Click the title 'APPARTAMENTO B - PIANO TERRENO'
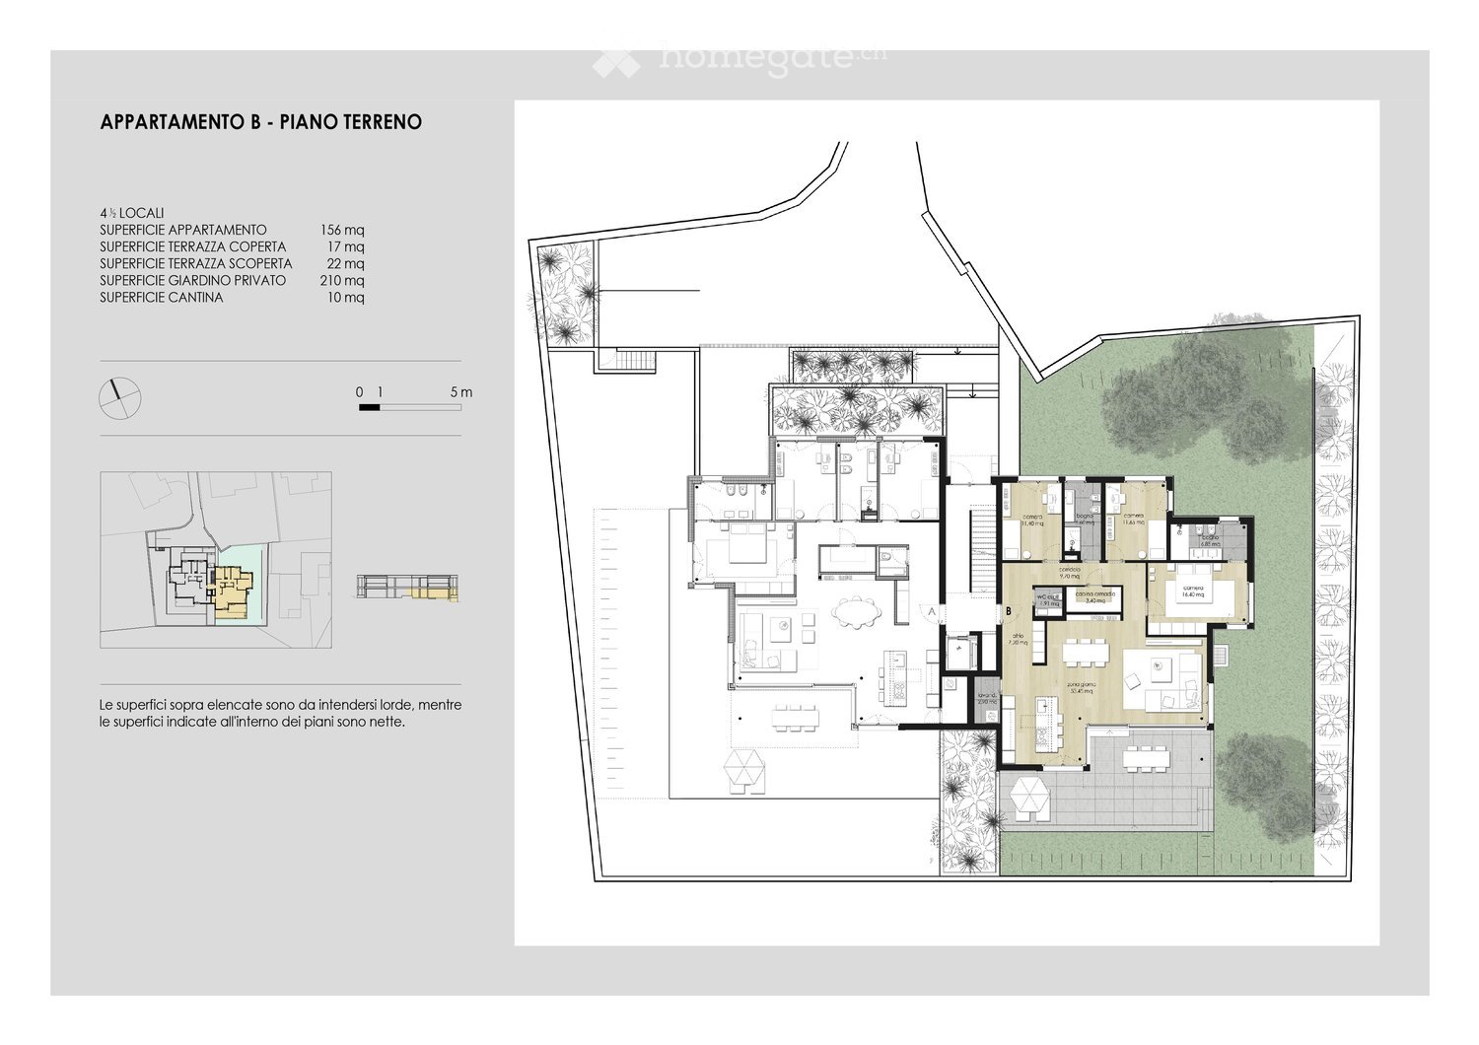tap(261, 122)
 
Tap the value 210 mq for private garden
tap(345, 280)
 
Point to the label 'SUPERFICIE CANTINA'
tap(162, 297)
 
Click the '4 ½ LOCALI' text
tap(131, 213)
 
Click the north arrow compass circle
tap(119, 399)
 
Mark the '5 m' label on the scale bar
tap(460, 392)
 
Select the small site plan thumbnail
tap(215, 559)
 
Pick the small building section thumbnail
tap(407, 587)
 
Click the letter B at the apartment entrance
tap(1010, 610)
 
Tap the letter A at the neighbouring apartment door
tap(932, 611)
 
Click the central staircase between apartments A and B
tap(983, 552)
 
